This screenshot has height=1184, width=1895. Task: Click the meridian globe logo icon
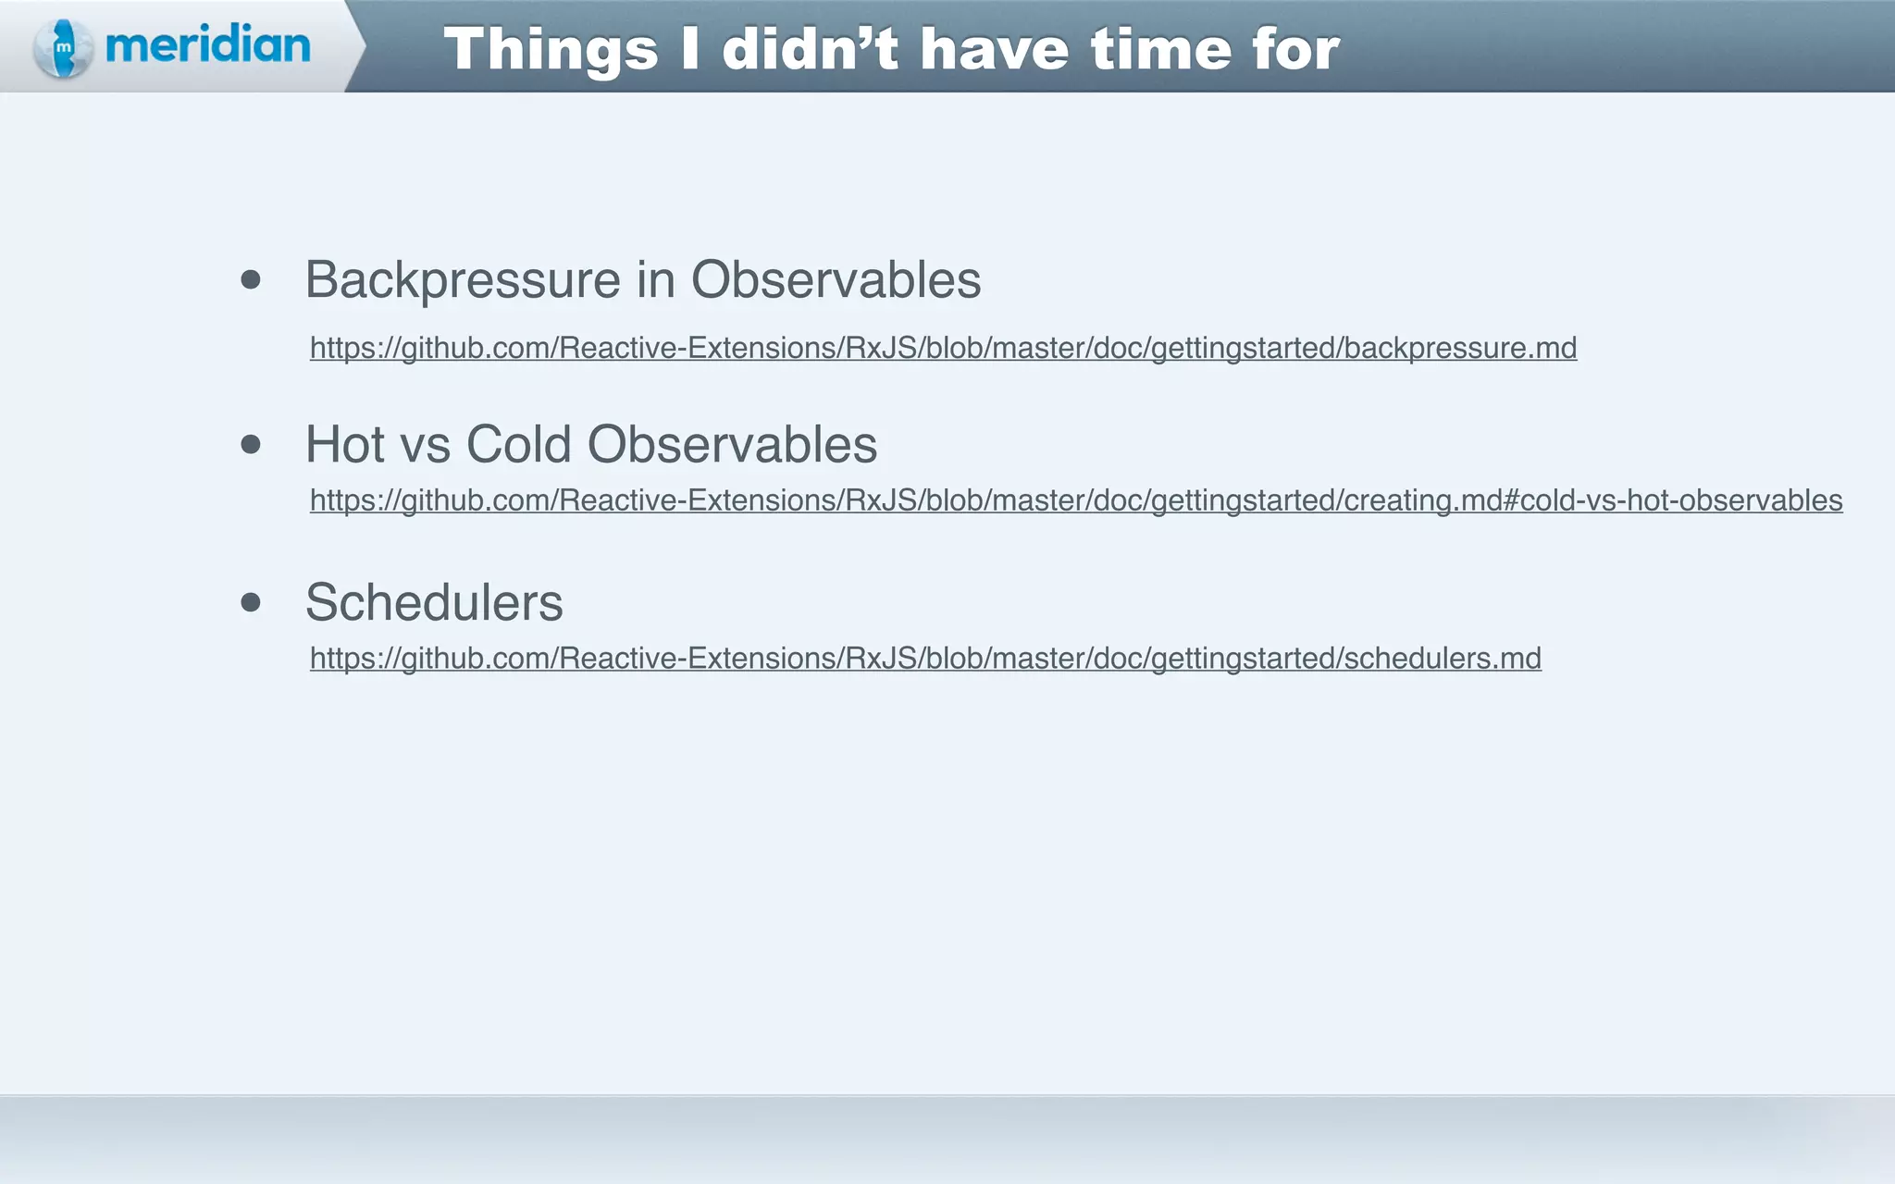pos(63,47)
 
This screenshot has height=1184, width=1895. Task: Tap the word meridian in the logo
pos(208,44)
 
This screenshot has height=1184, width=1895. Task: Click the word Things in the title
pos(551,49)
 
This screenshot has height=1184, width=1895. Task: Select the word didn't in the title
pos(810,49)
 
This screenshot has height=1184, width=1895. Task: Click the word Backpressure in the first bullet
pos(463,279)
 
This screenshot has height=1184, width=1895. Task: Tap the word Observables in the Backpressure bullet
pos(836,279)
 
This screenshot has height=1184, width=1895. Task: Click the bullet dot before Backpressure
pos(251,279)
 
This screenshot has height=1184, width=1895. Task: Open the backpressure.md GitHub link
pos(943,348)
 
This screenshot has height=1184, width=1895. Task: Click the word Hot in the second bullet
pos(345,444)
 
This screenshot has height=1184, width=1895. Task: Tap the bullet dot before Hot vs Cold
pos(251,444)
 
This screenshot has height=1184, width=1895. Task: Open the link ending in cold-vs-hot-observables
pos(1076,500)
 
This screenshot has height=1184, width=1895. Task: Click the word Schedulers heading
pos(434,602)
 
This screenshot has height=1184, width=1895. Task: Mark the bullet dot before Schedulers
pos(251,602)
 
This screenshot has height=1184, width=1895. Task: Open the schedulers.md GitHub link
pos(925,659)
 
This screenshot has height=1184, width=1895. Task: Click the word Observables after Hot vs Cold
pos(732,444)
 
